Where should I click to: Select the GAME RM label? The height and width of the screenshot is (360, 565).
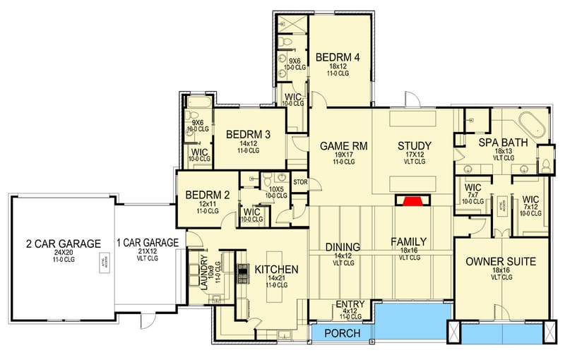point(336,146)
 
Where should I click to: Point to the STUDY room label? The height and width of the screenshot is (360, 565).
point(414,146)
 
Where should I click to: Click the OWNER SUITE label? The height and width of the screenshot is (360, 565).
point(501,261)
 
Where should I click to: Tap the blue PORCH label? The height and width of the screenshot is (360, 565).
point(342,332)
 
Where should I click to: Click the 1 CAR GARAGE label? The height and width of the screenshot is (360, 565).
point(147,241)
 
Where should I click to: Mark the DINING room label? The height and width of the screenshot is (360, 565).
point(343,247)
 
